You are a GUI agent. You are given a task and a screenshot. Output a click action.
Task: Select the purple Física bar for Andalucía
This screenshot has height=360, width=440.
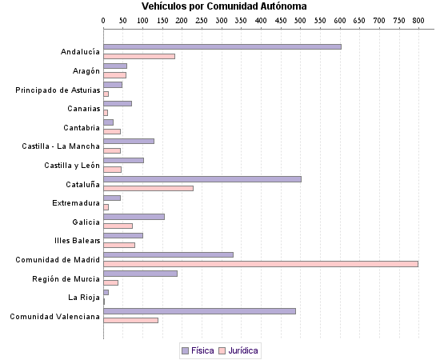[x=222, y=46]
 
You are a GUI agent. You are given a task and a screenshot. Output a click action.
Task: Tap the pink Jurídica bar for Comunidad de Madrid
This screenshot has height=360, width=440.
[x=261, y=263]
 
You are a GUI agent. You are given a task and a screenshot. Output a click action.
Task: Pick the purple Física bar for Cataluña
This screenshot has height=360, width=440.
[x=202, y=178]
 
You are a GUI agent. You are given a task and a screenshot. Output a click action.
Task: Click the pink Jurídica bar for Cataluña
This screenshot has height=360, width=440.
[x=149, y=188]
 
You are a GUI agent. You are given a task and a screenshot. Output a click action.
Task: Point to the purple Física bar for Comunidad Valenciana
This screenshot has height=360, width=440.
[x=199, y=311]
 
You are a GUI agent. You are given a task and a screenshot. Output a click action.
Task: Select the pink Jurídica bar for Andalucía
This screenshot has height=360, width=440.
[x=139, y=56]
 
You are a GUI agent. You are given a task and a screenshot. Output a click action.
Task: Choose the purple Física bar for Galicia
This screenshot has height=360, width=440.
[x=134, y=216]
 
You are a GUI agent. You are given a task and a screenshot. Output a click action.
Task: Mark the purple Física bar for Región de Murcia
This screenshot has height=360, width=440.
[x=140, y=273]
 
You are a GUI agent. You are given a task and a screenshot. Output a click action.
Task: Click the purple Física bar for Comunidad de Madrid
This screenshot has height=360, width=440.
[x=168, y=254]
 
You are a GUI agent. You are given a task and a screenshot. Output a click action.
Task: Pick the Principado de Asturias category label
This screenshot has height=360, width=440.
[x=58, y=90]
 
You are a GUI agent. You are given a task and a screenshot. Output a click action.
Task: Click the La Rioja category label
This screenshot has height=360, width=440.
[x=84, y=297]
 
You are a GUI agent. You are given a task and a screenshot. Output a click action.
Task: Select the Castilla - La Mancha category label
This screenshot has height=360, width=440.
[x=61, y=146]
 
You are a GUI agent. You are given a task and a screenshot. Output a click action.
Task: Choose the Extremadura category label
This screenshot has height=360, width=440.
[x=76, y=202]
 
